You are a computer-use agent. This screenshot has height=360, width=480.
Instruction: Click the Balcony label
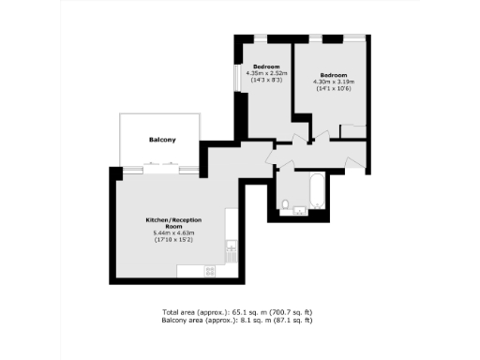click(x=162, y=140)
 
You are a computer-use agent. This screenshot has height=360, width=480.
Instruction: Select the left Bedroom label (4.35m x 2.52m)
click(x=265, y=67)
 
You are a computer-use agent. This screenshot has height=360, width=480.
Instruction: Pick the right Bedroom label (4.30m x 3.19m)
click(x=334, y=75)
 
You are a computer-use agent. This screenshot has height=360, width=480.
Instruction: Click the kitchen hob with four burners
click(x=209, y=271)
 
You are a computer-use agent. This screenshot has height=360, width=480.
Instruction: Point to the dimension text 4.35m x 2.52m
click(x=265, y=73)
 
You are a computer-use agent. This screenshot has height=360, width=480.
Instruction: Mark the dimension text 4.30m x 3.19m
click(x=334, y=82)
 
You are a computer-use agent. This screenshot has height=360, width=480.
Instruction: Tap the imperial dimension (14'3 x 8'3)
click(x=265, y=80)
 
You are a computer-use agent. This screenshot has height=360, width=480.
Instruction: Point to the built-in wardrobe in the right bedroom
click(x=353, y=129)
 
